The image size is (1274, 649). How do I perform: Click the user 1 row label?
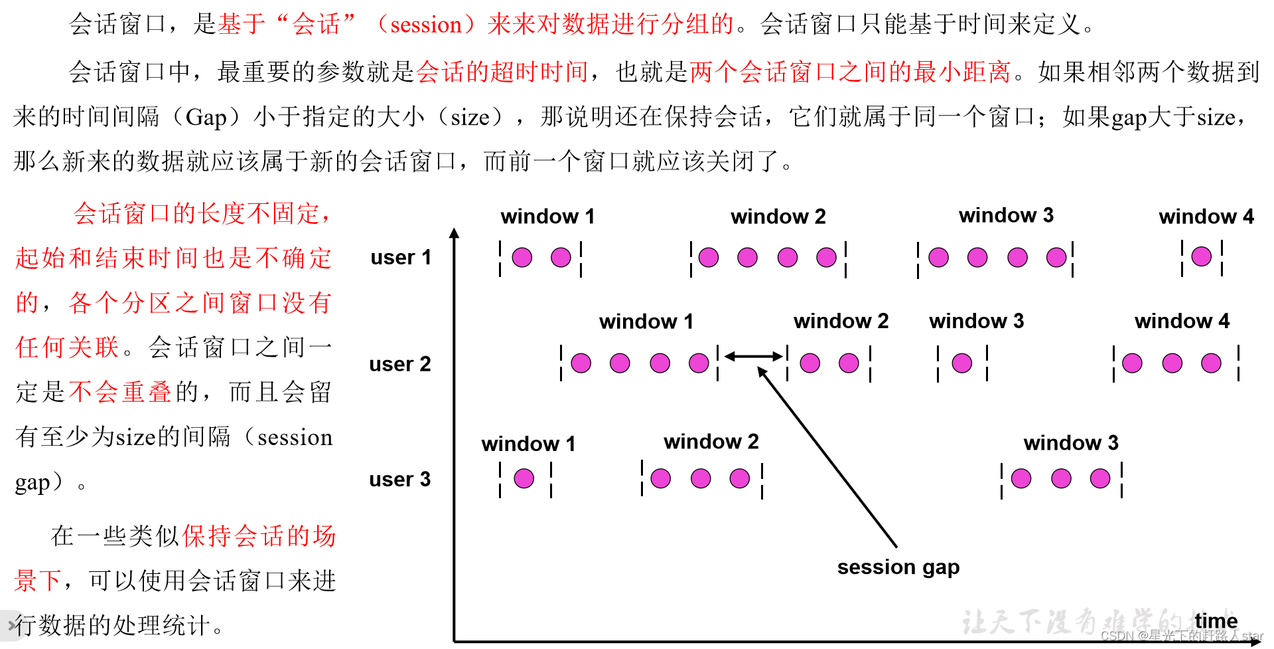point(401,257)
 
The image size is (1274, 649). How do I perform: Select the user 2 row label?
point(399,364)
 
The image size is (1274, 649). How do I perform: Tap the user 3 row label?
point(399,479)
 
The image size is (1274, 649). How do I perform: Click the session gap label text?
point(898,567)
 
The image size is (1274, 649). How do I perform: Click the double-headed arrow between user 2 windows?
point(753,357)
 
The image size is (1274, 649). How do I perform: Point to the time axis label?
point(1216,620)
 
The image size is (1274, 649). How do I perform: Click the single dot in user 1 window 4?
point(1201,256)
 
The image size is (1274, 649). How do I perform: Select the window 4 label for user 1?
point(1206,217)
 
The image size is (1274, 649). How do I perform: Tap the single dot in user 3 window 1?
point(524,478)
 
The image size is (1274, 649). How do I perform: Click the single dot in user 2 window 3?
point(961,363)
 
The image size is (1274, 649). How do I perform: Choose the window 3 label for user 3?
point(1070,443)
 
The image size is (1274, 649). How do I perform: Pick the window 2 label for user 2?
point(841,322)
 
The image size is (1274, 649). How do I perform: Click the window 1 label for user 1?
point(547,217)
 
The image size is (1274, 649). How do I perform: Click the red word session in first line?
point(425,25)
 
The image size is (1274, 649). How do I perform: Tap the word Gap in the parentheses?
point(206,118)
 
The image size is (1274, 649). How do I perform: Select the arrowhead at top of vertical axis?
point(455,233)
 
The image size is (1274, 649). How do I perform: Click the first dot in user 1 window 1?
point(522,257)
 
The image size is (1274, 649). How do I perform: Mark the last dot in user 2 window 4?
point(1211,363)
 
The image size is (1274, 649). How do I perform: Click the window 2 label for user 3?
point(711,442)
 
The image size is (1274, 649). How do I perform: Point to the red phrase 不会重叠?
point(120,392)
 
